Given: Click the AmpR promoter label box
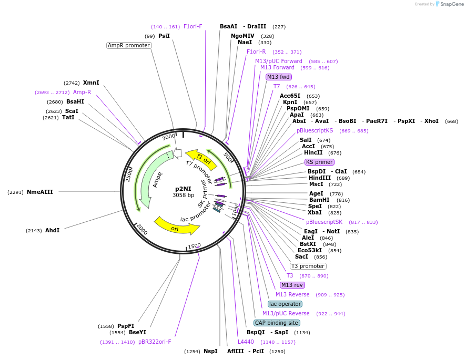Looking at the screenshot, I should click(x=129, y=45).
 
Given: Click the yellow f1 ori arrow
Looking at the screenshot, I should click(x=202, y=156).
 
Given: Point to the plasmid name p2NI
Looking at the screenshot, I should click(x=184, y=188).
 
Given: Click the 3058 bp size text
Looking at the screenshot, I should click(x=184, y=196).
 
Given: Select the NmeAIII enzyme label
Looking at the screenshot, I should click(x=40, y=192).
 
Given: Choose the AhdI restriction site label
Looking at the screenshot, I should click(x=52, y=230).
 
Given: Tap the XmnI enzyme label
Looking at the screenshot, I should click(x=91, y=83).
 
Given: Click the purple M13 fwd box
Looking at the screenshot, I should click(x=279, y=77).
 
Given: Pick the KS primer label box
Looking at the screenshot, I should click(x=319, y=162).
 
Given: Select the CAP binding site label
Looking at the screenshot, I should click(x=276, y=323).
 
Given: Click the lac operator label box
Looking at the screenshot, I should click(x=285, y=304).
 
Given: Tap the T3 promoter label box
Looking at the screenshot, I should click(x=308, y=266).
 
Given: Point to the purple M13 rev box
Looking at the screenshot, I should click(x=292, y=285).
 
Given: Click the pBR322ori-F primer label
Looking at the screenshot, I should click(x=155, y=342).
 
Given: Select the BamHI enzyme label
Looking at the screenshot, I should click(x=319, y=200).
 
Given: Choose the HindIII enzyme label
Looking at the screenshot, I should click(x=320, y=178).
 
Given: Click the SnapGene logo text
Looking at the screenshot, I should click(x=451, y=4).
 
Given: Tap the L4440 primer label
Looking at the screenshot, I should click(x=246, y=342).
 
